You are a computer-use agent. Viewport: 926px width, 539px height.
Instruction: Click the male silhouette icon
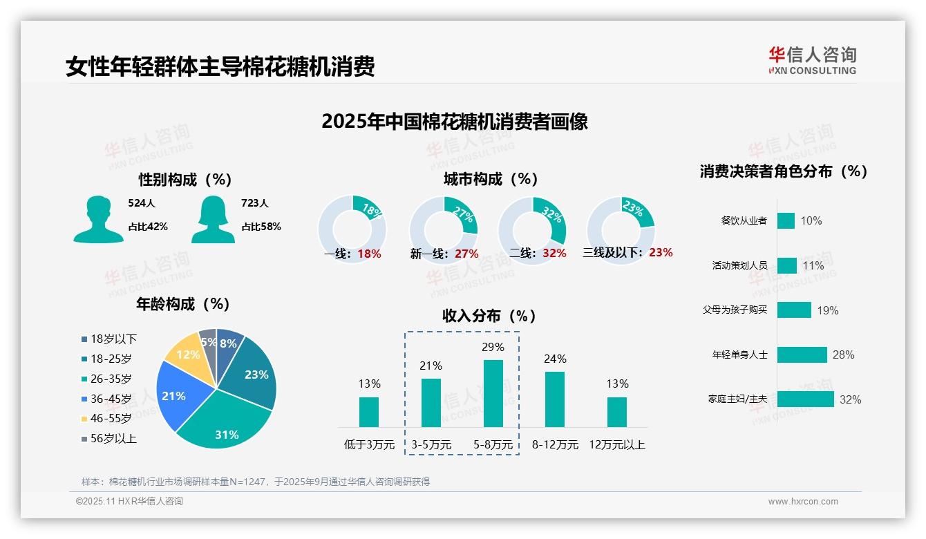pyautogui.click(x=98, y=219)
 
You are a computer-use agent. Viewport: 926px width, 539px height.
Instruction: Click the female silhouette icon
pyautogui.click(x=213, y=219)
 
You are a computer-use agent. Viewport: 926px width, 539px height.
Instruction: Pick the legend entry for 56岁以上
pyautogui.click(x=108, y=439)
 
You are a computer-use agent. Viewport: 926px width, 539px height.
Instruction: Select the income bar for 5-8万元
pyautogui.click(x=493, y=393)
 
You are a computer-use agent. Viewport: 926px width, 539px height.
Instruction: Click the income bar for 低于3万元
pyautogui.click(x=369, y=412)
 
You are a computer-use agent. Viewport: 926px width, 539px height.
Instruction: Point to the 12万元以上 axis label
pyautogui.click(x=616, y=445)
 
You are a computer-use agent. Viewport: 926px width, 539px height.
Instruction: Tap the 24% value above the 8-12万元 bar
pyautogui.click(x=555, y=359)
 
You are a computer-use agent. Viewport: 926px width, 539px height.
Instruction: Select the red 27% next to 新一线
pyautogui.click(x=466, y=254)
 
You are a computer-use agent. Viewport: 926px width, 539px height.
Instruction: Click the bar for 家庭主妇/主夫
pyautogui.click(x=805, y=399)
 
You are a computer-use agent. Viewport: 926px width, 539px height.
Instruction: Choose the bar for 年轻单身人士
pyautogui.click(x=802, y=354)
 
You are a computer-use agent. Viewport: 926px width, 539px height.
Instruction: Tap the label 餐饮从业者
pyautogui.click(x=744, y=220)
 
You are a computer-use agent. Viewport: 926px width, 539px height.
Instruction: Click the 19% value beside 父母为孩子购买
pyautogui.click(x=828, y=310)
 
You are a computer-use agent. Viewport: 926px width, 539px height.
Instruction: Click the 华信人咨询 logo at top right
pyautogui.click(x=813, y=60)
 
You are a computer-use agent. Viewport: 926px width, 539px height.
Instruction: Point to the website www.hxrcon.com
pyautogui.click(x=803, y=502)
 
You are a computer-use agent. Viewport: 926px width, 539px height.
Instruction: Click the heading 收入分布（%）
pyautogui.click(x=489, y=316)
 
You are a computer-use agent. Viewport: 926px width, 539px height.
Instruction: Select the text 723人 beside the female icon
pyautogui.click(x=255, y=203)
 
